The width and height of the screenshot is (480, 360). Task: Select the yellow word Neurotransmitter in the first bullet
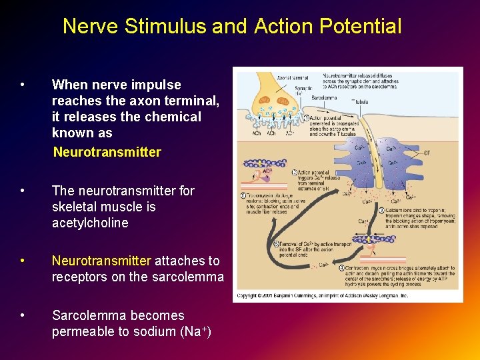pos(107,152)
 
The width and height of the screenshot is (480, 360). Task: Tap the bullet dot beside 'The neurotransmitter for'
pos(23,191)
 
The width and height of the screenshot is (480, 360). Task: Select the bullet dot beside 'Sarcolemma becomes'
pos(23,315)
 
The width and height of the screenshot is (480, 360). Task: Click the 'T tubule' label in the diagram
pos(361,102)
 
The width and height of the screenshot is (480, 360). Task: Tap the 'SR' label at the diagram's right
pos(427,153)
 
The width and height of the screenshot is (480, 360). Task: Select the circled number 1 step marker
pos(306,118)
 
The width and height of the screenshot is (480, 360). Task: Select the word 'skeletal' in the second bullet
pos(75,207)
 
